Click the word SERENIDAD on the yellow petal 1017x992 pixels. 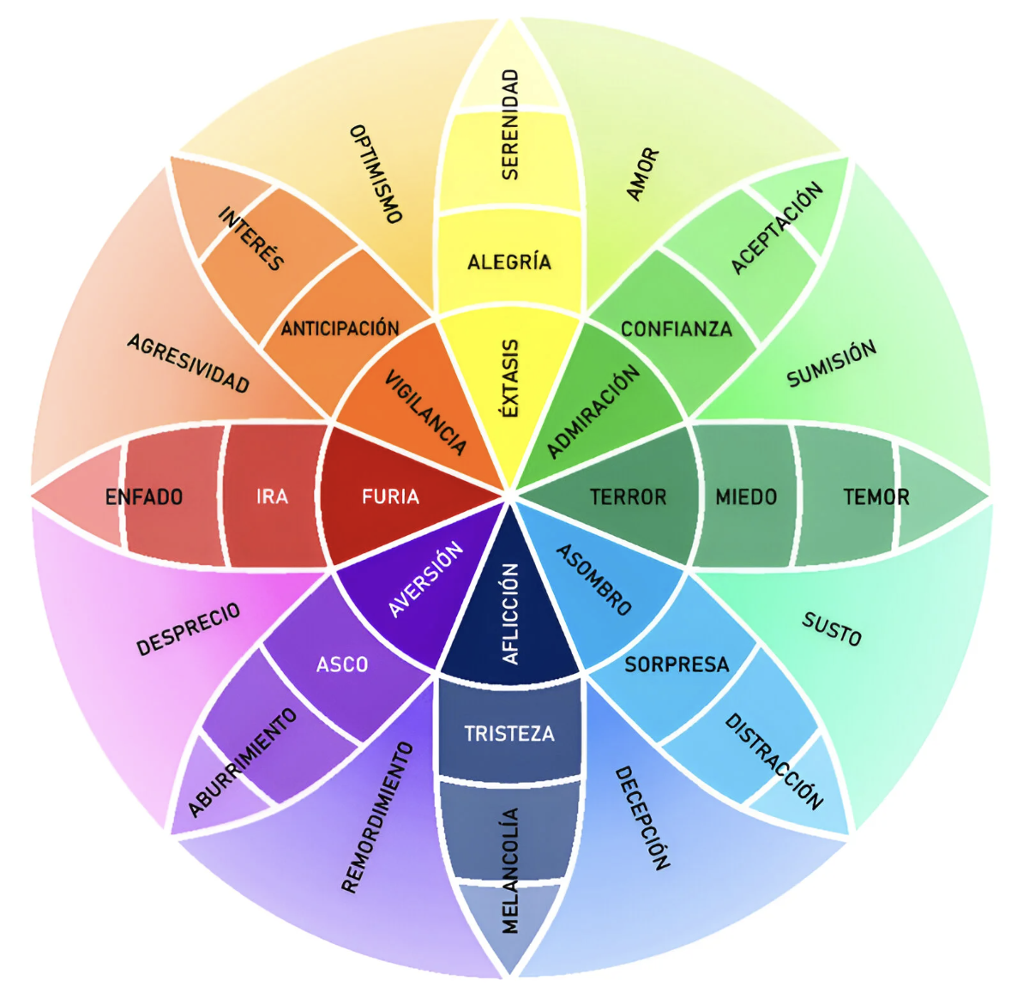pyautogui.click(x=510, y=125)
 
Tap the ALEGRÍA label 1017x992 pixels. pyautogui.click(x=509, y=262)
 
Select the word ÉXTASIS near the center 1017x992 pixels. pyautogui.click(x=510, y=378)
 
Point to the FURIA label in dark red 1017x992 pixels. pyautogui.click(x=390, y=496)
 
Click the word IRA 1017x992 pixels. pyautogui.click(x=272, y=496)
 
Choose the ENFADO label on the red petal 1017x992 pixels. pyautogui.click(x=144, y=497)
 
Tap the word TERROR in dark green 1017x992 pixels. pyautogui.click(x=628, y=497)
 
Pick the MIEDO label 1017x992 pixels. pyautogui.click(x=746, y=497)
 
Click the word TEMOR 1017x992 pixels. pyautogui.click(x=876, y=497)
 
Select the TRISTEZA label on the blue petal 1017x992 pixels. pyautogui.click(x=509, y=734)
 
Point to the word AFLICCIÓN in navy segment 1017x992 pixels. pyautogui.click(x=511, y=613)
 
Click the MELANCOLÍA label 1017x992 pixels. pyautogui.click(x=510, y=870)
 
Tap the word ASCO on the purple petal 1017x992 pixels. pyautogui.click(x=342, y=664)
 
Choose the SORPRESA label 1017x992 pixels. pyautogui.click(x=677, y=664)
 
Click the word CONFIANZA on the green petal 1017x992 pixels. pyautogui.click(x=677, y=329)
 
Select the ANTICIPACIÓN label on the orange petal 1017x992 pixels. pyautogui.click(x=340, y=328)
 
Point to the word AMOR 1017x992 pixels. pyautogui.click(x=643, y=175)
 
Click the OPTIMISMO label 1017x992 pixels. pyautogui.click(x=376, y=174)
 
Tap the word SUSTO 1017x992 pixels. pyautogui.click(x=831, y=629)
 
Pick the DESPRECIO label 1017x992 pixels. pyautogui.click(x=189, y=629)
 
